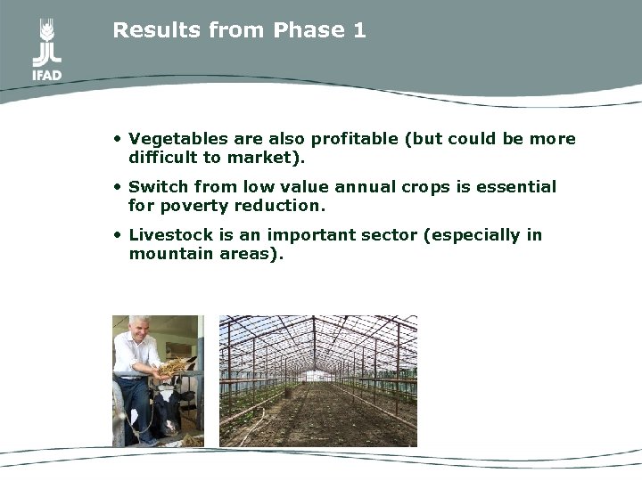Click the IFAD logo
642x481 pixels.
(x=46, y=50)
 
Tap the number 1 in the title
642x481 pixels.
(x=359, y=30)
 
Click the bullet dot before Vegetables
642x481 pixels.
(x=118, y=140)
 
